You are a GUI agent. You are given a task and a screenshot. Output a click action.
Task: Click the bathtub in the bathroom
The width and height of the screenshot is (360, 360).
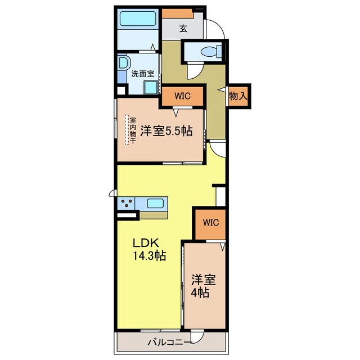click(138, 19)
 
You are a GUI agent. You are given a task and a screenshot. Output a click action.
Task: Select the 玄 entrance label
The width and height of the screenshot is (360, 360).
click(183, 29)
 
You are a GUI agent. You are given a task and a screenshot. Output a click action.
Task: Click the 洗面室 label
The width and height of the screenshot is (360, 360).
click(142, 74)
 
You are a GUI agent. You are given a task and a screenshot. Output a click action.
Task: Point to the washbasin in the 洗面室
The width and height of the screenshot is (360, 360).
click(124, 62)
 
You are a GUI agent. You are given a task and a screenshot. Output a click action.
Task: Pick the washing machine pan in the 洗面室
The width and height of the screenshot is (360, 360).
click(151, 88)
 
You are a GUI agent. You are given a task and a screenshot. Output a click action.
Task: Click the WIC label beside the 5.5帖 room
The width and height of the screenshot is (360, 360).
click(182, 96)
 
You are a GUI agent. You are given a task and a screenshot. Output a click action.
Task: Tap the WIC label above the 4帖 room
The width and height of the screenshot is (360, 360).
click(211, 223)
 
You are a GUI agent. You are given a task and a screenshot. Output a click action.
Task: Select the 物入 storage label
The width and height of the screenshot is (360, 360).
click(238, 96)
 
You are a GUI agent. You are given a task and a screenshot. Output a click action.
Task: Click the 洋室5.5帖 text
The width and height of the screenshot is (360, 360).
click(166, 131)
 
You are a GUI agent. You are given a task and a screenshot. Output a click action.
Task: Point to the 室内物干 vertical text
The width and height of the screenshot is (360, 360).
click(133, 130)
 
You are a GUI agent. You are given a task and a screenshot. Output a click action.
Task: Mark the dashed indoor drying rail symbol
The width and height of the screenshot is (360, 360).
click(127, 130)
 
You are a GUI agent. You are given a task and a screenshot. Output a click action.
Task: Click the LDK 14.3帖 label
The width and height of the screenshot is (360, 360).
click(149, 249)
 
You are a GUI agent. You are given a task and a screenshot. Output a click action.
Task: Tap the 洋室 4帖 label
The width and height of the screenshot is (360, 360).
click(204, 286)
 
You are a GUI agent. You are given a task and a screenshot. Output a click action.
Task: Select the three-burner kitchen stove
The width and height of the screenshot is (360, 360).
click(126, 204)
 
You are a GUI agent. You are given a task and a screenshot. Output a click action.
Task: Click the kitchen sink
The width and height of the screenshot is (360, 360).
click(155, 203)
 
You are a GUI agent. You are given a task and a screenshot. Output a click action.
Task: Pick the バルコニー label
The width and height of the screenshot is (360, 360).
click(170, 343)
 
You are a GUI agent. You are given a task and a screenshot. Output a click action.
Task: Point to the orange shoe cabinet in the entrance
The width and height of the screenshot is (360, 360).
click(177, 13)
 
